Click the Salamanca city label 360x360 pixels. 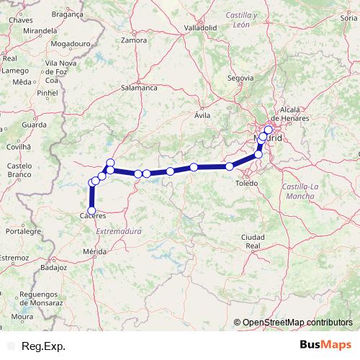(x=140, y=87)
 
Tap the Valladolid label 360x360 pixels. (x=201, y=27)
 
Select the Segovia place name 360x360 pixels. (x=240, y=77)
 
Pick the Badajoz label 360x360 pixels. (x=53, y=266)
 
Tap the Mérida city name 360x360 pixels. (x=95, y=251)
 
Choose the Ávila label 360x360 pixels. (x=202, y=114)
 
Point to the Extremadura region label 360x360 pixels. (x=119, y=231)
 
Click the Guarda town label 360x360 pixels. (x=34, y=125)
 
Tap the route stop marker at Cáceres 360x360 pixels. (x=91, y=210)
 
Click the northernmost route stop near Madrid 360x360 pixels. (x=269, y=130)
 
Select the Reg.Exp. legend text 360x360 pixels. (x=44, y=346)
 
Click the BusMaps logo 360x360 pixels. (x=325, y=346)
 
